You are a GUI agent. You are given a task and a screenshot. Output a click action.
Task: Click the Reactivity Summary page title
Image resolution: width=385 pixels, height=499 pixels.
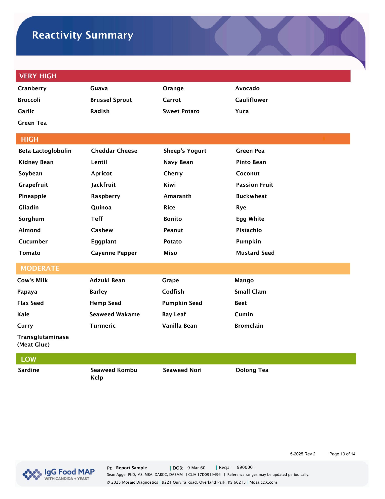coord(83,35)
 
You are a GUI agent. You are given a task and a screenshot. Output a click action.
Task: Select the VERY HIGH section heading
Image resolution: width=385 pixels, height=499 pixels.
coord(38,76)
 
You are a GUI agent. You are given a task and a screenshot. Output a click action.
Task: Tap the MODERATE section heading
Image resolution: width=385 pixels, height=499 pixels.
coord(40,268)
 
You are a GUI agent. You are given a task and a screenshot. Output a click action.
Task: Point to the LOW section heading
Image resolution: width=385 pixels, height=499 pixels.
coord(28,359)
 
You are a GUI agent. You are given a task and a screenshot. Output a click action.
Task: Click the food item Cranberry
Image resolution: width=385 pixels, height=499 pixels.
coord(32,88)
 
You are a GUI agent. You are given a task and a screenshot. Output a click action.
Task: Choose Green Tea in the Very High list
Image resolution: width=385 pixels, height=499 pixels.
coord(32,123)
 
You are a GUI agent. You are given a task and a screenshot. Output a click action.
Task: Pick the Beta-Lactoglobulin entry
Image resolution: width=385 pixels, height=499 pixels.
coord(45,151)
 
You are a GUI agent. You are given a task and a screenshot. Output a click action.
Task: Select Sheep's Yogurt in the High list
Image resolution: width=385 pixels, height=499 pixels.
coord(185,151)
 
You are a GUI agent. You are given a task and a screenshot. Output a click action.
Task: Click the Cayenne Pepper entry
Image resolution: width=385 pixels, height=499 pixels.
coord(114,253)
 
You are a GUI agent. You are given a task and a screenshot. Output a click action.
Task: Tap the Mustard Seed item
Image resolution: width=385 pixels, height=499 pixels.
coord(255,253)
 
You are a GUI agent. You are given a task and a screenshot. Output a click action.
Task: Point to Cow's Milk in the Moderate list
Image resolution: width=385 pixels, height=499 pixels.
coord(32,280)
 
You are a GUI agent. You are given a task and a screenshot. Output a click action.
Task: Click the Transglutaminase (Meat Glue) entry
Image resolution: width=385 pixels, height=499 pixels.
coord(43,341)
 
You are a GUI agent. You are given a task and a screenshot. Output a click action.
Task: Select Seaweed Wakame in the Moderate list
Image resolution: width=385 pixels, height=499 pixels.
coord(114,315)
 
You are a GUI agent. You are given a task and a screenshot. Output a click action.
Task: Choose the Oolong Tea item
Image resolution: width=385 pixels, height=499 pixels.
coord(252,370)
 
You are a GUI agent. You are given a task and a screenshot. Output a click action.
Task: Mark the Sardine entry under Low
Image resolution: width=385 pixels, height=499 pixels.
coord(29,370)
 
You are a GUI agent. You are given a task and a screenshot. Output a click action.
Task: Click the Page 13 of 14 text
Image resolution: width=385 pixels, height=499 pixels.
coord(342,454)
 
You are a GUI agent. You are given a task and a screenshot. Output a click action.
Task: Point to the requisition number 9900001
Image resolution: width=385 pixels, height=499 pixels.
coord(246,467)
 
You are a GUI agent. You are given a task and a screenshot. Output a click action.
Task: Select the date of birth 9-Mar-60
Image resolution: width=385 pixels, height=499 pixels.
coord(196,468)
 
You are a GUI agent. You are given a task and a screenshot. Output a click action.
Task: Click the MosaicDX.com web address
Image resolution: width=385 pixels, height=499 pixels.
coord(263,482)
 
